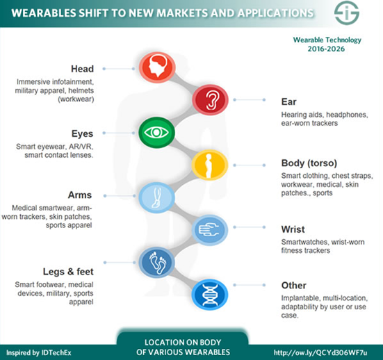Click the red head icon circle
[x=157, y=67]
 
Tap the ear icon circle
[x=211, y=99]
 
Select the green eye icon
[x=157, y=133]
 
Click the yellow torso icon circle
[x=210, y=165]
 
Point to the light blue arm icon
[x=156, y=197]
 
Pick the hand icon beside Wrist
[x=210, y=230]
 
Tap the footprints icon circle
[x=157, y=262]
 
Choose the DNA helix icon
[x=210, y=295]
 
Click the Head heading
[x=82, y=69]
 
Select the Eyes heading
[x=82, y=134]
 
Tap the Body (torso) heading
[x=309, y=163]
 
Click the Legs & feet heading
[x=68, y=272]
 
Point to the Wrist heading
[x=293, y=229]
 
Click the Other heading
[x=294, y=285]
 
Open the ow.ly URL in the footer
[x=320, y=353]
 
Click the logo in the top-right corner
[x=347, y=13]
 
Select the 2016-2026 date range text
[x=326, y=49]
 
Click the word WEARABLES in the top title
[x=44, y=13]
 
